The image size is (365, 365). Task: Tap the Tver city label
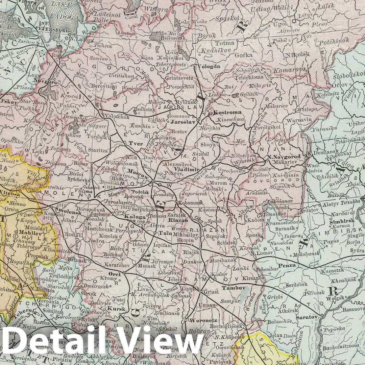136,143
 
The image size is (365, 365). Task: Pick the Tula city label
164,233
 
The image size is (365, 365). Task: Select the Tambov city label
233,288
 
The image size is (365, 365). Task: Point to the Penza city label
287,266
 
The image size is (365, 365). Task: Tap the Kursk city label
114,309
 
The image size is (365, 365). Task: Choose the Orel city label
114,274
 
